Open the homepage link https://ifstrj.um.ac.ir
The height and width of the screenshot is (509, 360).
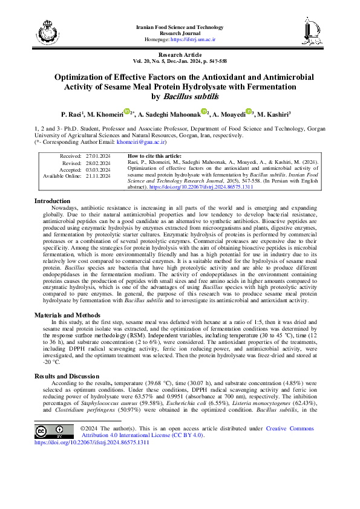click(x=194, y=39)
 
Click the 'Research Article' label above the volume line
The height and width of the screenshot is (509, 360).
click(x=180, y=53)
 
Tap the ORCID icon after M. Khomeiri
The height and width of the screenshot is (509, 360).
click(x=127, y=112)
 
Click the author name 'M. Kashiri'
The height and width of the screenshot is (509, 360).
click(x=274, y=114)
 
